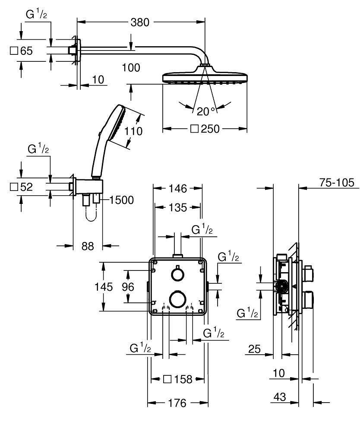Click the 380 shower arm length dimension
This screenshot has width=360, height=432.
(x=139, y=22)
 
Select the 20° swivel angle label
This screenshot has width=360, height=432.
(x=206, y=111)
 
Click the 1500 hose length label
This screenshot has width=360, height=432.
(x=121, y=200)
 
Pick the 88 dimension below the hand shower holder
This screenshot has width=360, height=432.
(x=88, y=246)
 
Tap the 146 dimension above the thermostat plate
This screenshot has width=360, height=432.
(x=177, y=188)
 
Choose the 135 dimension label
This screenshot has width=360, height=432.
(x=177, y=207)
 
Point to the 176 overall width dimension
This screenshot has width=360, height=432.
(x=177, y=403)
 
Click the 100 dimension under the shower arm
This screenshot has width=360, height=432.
(x=131, y=67)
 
